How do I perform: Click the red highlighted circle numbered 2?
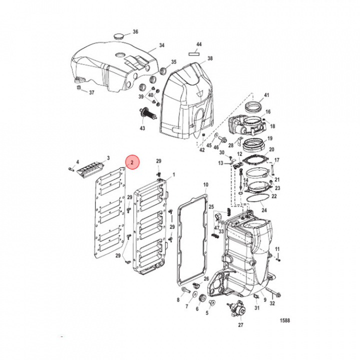pos(132,162)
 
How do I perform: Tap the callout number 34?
pos(161,45)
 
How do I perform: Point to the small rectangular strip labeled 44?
pos(195,52)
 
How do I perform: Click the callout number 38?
pos(210,58)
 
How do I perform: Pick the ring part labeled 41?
pos(255,106)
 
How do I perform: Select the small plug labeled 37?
pos(78,88)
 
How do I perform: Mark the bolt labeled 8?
pos(186,288)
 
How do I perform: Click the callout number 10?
pos(205,185)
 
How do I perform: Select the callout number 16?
pos(268,112)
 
